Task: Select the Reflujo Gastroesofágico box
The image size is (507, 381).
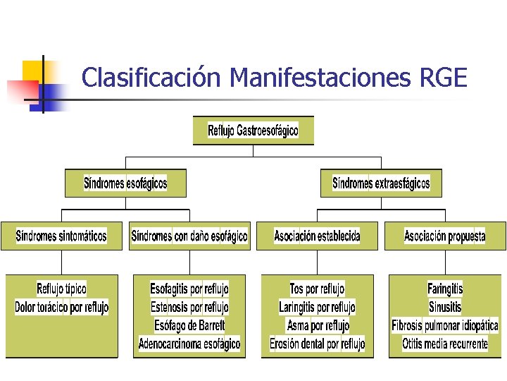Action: pos(253,131)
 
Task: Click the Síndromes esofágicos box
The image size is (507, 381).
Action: pos(125,183)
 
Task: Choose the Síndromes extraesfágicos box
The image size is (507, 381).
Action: pos(381,183)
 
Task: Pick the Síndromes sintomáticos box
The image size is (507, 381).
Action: pos(61,236)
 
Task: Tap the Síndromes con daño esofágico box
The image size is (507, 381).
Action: pos(189,236)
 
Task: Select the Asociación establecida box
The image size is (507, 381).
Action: pos(317,236)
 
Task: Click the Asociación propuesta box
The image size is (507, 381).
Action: pos(444,236)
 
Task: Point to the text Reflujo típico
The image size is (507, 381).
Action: pos(62,289)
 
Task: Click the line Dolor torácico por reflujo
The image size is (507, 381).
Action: pos(62,307)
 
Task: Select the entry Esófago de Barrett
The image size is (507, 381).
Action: pos(189,325)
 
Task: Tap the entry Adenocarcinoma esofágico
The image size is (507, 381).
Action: pos(189,344)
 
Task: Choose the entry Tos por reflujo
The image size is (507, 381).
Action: pos(317,289)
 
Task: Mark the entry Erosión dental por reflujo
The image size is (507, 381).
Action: pos(317,344)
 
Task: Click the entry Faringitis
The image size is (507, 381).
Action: pos(445,289)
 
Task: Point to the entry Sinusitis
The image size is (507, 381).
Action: pos(445,307)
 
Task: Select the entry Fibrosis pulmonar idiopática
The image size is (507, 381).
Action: pos(445,325)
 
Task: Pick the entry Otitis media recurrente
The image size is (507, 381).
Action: pos(445,344)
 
